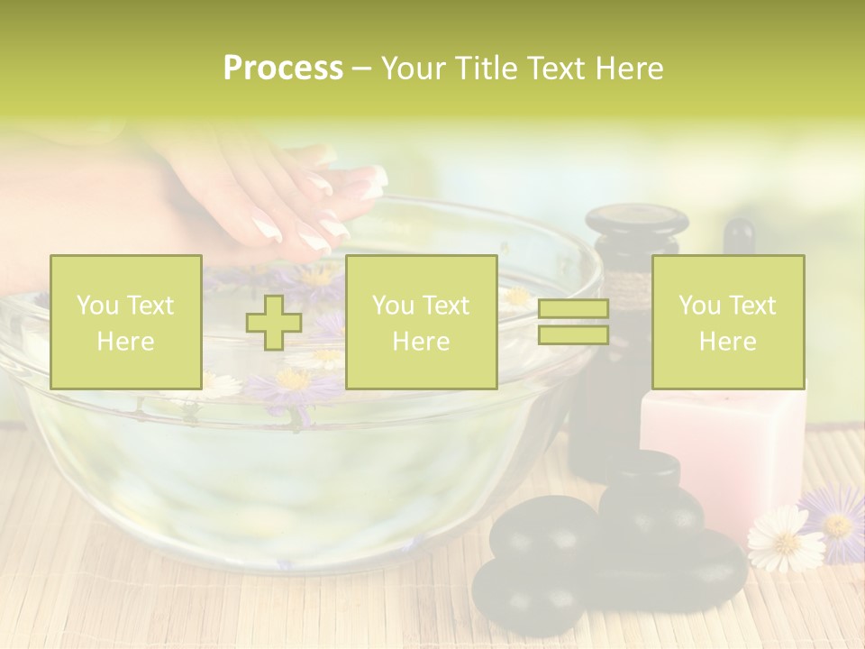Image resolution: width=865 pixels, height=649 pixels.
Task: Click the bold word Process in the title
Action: [x=283, y=69]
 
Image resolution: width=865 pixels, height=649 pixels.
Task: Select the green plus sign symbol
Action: [x=274, y=322]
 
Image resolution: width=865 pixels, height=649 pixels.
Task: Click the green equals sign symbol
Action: [x=573, y=322]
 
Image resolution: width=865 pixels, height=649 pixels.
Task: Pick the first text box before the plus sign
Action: [x=125, y=322]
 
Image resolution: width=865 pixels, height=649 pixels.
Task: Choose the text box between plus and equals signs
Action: [x=421, y=322]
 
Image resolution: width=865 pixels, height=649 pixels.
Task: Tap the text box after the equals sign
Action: [x=727, y=322]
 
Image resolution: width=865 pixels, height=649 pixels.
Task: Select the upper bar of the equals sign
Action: [x=573, y=309]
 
